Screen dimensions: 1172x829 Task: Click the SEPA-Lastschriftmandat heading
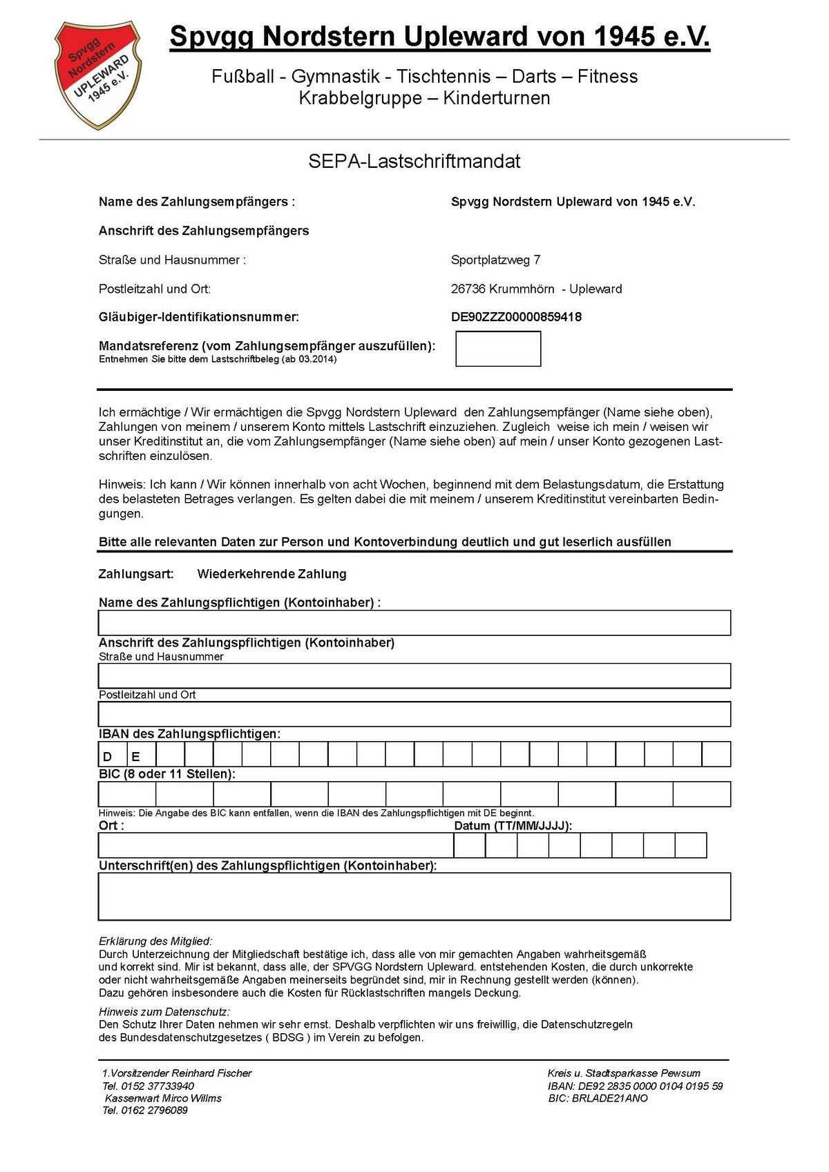(x=414, y=162)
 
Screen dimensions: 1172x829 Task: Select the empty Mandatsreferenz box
(x=498, y=349)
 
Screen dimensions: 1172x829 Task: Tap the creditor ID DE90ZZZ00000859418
(x=516, y=317)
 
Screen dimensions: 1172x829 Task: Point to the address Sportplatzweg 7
(x=495, y=260)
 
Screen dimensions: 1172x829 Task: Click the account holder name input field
(x=414, y=623)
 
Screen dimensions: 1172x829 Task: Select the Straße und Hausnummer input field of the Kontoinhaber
(x=414, y=675)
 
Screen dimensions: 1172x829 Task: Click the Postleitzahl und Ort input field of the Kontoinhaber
(x=414, y=714)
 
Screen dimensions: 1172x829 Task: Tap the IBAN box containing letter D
(x=113, y=755)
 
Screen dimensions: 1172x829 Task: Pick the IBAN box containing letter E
(x=142, y=755)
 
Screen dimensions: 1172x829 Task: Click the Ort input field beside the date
(x=276, y=845)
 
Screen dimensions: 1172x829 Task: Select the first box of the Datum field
(x=470, y=845)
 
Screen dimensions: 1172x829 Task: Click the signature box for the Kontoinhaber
(x=414, y=896)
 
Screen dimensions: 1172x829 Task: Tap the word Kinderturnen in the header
(x=497, y=98)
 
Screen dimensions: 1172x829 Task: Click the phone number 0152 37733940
(x=158, y=1086)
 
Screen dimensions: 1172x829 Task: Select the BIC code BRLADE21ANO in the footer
(x=609, y=1098)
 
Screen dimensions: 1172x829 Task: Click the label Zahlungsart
(x=136, y=574)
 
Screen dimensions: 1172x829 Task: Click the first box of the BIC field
(x=127, y=794)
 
